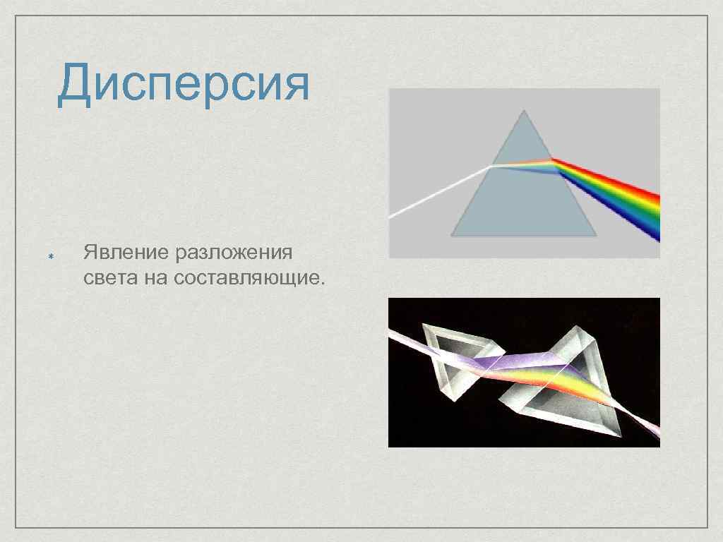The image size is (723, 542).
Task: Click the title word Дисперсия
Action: click(x=184, y=83)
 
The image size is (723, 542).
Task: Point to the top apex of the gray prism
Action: click(x=524, y=111)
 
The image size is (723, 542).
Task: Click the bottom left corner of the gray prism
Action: click(x=452, y=234)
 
